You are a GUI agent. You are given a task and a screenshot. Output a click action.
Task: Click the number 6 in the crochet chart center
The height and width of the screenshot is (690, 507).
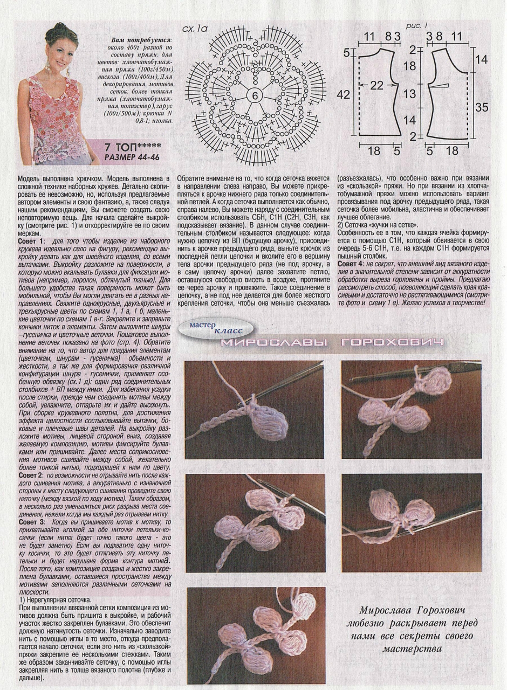click(x=253, y=95)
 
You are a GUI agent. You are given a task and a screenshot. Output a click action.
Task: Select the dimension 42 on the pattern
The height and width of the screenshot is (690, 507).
click(x=344, y=94)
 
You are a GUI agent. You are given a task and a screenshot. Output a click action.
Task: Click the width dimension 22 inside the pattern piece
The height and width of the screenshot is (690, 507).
click(x=376, y=85)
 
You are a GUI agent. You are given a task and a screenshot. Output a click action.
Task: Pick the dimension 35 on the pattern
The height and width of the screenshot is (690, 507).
click(x=482, y=107)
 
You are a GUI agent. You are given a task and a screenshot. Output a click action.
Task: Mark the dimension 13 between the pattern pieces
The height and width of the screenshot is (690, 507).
click(x=409, y=94)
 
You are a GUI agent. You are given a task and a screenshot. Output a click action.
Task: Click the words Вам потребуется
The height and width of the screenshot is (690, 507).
click(x=141, y=40)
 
